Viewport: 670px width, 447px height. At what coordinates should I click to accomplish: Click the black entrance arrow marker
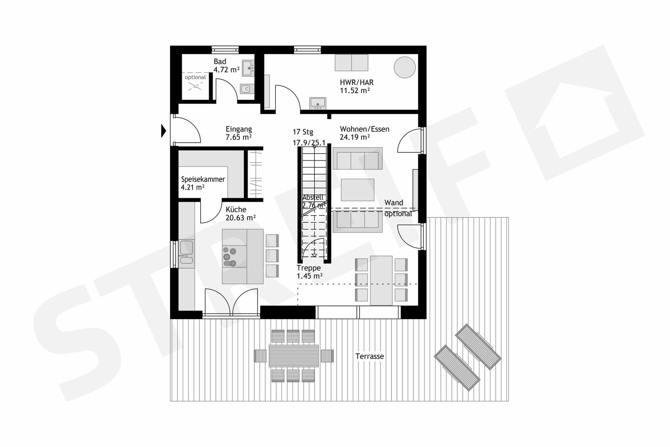point(164,131)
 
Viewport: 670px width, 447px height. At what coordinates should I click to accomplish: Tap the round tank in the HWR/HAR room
point(405,67)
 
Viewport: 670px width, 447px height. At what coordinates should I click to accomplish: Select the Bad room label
point(220,62)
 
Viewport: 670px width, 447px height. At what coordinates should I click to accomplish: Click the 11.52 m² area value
point(354,91)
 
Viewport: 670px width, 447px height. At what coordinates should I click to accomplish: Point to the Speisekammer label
point(203,179)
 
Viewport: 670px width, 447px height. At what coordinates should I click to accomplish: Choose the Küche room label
point(236,209)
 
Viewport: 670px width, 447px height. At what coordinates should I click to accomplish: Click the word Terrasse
point(370,356)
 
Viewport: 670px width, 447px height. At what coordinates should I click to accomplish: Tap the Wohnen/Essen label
point(365,129)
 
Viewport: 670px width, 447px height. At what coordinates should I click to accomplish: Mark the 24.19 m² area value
point(354,137)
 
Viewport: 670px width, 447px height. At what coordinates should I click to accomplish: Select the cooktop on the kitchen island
point(229,256)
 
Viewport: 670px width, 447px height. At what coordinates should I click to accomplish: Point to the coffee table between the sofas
point(358,190)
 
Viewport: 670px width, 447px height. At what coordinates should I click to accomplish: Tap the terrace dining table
point(294,356)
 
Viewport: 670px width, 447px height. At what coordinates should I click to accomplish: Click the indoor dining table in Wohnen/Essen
point(381,280)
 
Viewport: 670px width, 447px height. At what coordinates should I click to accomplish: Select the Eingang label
point(239,129)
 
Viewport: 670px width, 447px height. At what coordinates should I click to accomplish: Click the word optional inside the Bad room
point(195,78)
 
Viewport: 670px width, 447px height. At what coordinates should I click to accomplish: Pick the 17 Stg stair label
point(303,132)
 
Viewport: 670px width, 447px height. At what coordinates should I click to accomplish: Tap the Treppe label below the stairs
point(309,268)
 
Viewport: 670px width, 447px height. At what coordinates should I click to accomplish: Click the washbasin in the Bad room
point(248,68)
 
